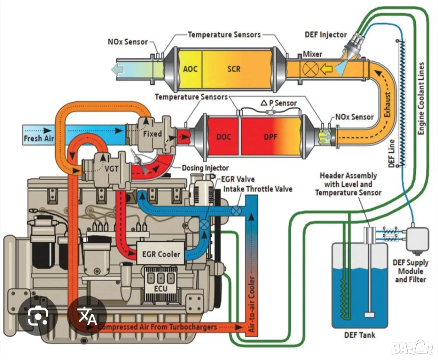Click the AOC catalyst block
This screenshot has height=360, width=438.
(x=190, y=68)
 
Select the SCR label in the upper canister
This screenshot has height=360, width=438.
(x=234, y=68)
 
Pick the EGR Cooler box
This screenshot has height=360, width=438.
(x=161, y=254)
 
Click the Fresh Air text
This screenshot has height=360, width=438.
(x=38, y=138)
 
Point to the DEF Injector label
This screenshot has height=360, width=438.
(x=326, y=34)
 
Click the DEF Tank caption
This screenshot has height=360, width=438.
(x=359, y=334)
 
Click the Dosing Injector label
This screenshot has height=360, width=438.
(x=205, y=168)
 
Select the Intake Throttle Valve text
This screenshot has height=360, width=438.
(x=258, y=188)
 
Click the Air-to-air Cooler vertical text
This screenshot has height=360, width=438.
(x=252, y=304)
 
